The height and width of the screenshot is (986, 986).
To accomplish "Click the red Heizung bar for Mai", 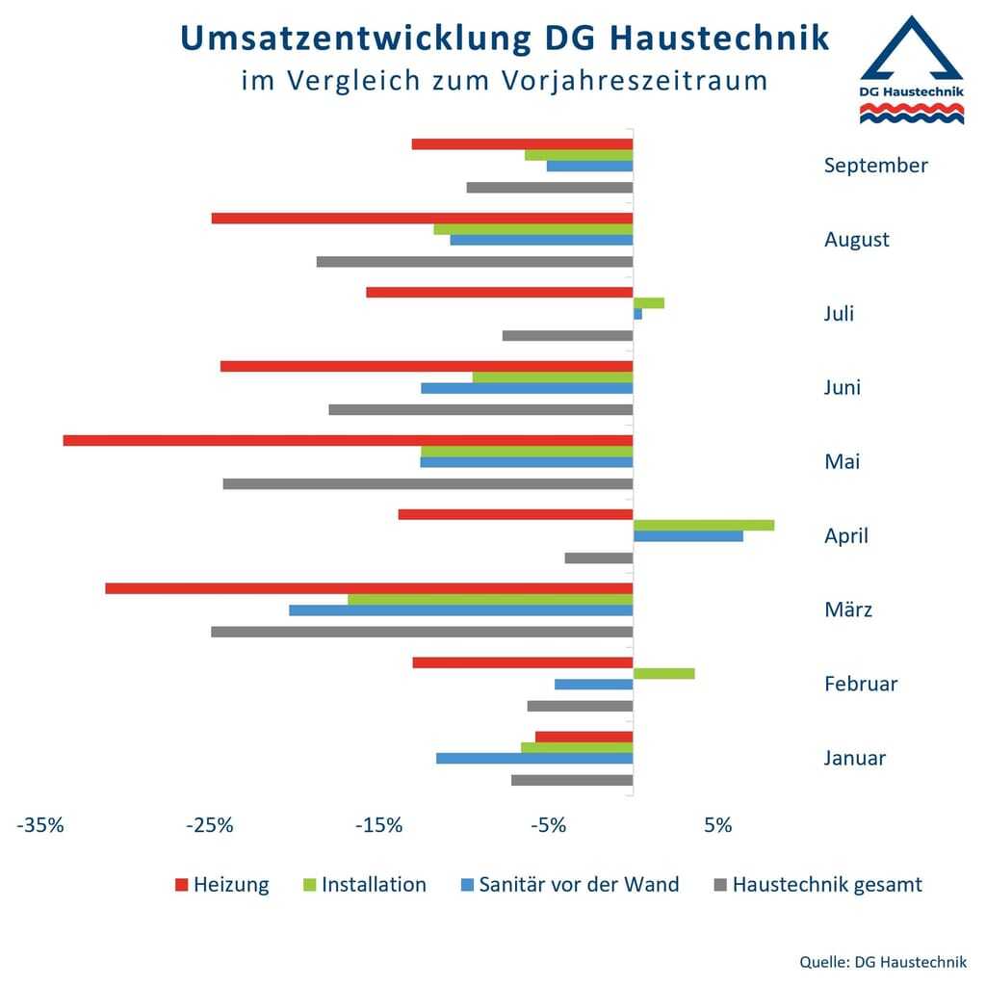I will tap(348, 440).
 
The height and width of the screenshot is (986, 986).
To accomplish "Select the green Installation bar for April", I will tap(704, 525).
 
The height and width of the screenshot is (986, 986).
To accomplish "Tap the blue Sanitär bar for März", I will tap(461, 610).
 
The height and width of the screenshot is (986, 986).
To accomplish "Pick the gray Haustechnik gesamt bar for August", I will tap(475, 262).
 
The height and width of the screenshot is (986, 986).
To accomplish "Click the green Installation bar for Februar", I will tap(663, 673).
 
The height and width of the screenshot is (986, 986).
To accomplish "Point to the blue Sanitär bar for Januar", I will tap(534, 758).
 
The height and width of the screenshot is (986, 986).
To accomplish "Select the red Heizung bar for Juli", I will tap(500, 292).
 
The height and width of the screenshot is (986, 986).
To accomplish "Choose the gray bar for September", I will tap(550, 187).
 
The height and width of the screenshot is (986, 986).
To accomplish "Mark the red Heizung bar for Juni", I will tap(427, 366).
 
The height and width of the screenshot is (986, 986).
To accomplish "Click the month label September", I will tap(875, 165).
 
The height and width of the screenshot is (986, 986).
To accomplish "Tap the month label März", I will tap(848, 610).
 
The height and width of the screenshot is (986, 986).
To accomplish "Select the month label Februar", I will tap(861, 684).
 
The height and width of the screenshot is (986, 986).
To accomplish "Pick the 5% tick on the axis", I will tap(717, 825).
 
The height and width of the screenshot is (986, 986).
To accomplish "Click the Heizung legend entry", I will tap(221, 884).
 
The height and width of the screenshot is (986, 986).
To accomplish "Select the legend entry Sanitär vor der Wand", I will tap(569, 884).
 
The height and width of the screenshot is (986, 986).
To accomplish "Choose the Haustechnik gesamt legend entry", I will tap(817, 884).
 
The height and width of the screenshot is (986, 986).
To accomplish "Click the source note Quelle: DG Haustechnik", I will tap(882, 962).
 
